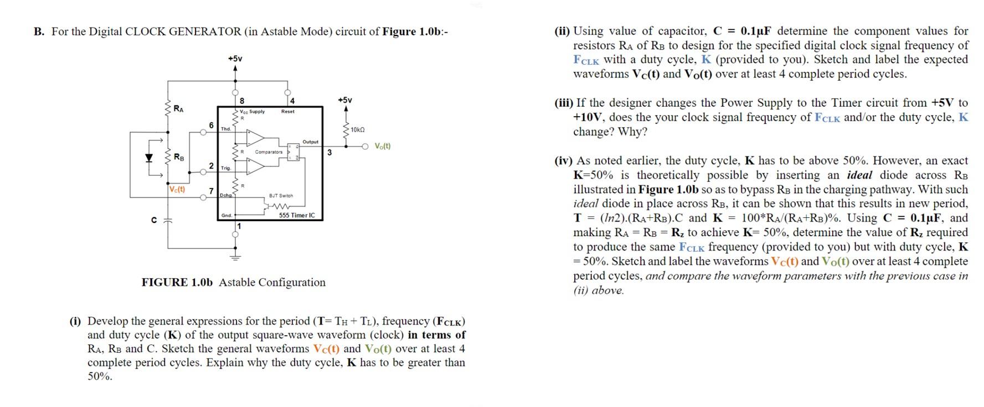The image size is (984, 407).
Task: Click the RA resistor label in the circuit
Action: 179,108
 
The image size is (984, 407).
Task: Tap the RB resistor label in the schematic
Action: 179,157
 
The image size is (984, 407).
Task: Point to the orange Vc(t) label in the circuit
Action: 177,189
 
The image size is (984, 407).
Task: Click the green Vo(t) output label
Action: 382,147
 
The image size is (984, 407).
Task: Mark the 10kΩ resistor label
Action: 358,129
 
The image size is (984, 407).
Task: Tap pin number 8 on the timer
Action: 242,101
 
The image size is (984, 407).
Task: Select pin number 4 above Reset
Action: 292,101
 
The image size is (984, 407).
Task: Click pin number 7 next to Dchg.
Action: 211,191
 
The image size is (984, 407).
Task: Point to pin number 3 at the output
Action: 329,152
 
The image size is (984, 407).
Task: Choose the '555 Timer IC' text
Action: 297,216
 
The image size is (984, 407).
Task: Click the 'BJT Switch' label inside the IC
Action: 281,196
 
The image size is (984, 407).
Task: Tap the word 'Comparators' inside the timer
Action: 269,152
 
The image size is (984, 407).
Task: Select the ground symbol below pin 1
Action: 235,257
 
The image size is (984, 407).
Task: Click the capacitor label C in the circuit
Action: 154,220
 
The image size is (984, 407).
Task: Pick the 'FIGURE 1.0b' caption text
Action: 177,283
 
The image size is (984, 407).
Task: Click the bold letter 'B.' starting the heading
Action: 39,32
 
